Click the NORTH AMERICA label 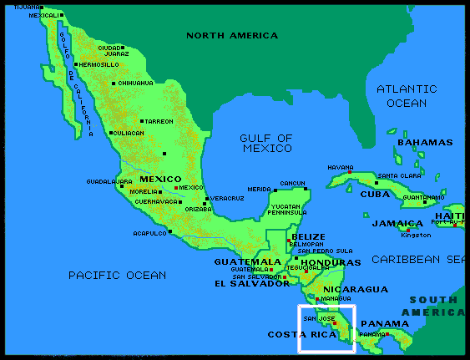tap(232, 36)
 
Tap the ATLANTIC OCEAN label tap(407, 96)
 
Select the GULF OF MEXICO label tap(266, 143)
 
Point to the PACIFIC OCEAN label tap(117, 275)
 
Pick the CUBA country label tap(375, 194)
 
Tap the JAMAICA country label tap(397, 224)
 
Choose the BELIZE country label tap(309, 237)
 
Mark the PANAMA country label tap(385, 324)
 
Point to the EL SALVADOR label tap(251, 284)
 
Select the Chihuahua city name tap(137, 84)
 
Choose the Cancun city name tap(293, 183)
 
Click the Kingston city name tap(416, 235)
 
